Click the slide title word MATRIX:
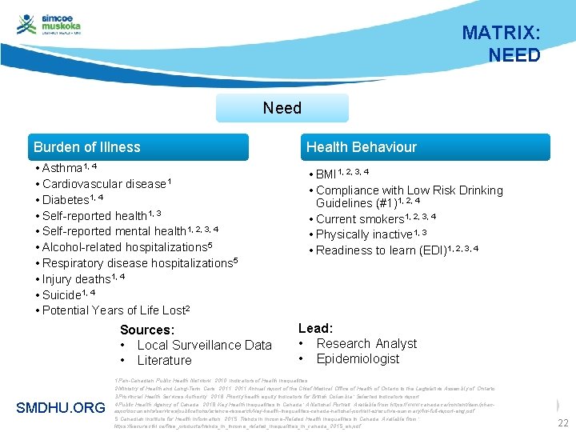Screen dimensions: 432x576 pyautogui.click(x=501, y=34)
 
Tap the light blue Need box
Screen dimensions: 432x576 pyautogui.click(x=282, y=108)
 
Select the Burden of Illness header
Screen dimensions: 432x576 pyautogui.click(x=87, y=147)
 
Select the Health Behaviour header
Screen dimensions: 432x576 pyautogui.click(x=361, y=147)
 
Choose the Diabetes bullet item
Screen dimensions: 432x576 pyautogui.click(x=68, y=200)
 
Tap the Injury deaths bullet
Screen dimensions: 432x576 pyautogui.click(x=79, y=279)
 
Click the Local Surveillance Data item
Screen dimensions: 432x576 pyautogui.click(x=203, y=345)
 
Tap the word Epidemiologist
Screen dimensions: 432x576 pyautogui.click(x=357, y=359)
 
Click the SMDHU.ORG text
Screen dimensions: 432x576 pyautogui.click(x=60, y=408)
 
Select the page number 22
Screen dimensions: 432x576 pyautogui.click(x=562, y=423)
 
